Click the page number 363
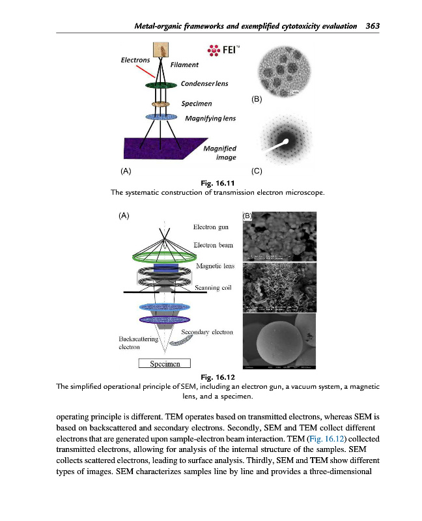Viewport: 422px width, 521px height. [373, 26]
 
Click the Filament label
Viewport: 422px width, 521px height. [184, 65]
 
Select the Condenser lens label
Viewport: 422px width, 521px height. [204, 83]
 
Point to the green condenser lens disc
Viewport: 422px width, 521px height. [161, 85]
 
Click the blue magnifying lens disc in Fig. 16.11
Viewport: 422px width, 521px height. [161, 117]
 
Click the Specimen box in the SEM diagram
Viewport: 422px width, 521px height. [164, 363]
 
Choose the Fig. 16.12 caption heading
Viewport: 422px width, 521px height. [218, 377]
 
